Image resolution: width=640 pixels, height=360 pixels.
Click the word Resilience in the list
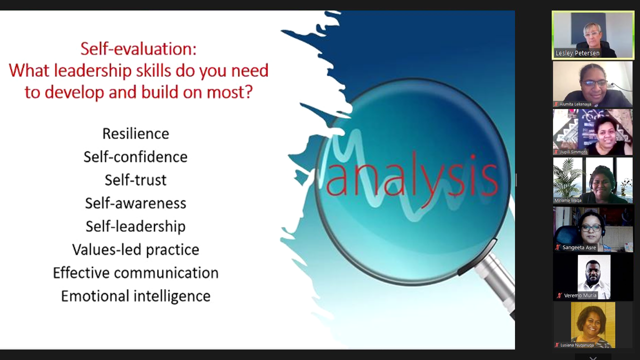point(135,133)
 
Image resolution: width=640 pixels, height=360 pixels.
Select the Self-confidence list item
point(135,157)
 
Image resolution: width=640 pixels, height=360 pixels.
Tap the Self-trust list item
point(135,180)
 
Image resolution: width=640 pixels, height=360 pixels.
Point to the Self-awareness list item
point(135,203)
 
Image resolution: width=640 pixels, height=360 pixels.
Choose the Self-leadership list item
point(135,226)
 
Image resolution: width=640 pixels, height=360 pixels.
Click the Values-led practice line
point(135,249)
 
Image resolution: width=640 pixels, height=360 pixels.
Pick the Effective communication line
point(135,273)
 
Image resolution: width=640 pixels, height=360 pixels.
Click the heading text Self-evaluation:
point(138,48)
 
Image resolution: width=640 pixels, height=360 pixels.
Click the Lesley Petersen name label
point(577,53)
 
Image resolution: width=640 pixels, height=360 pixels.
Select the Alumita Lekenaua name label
point(575,104)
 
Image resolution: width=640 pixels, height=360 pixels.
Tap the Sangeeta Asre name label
point(579,247)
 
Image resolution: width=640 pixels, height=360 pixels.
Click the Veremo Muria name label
point(580,295)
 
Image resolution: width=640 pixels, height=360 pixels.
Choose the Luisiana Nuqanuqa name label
point(577,345)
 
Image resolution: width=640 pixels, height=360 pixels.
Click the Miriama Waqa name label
point(567,200)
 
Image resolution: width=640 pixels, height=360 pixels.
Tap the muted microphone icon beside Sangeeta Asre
point(557,247)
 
